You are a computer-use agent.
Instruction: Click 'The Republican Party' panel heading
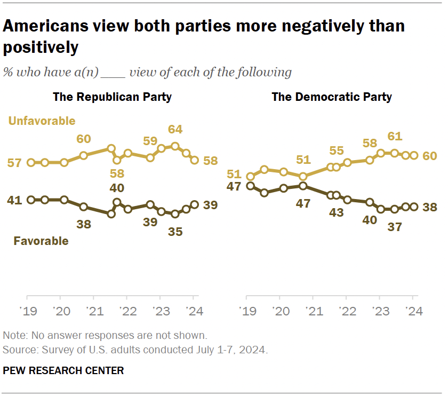[x=112, y=97]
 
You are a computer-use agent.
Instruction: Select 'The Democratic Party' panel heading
[x=332, y=97]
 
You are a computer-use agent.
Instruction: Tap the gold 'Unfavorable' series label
[x=42, y=121]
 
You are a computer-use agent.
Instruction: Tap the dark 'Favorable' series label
[x=41, y=241]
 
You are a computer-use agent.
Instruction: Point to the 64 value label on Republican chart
[x=175, y=129]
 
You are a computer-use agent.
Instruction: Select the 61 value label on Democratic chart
[x=395, y=137]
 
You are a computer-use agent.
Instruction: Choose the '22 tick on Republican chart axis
[x=127, y=311]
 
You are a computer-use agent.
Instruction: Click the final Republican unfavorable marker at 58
[x=195, y=160]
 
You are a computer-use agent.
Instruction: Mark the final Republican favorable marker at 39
[x=195, y=204]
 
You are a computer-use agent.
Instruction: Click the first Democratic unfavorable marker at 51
[x=250, y=177]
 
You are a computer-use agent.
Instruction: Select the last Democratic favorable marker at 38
[x=414, y=207]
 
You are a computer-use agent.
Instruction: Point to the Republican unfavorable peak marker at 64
[x=175, y=146]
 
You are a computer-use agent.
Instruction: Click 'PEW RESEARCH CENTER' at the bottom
[x=63, y=370]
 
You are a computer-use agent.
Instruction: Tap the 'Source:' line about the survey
[x=135, y=350]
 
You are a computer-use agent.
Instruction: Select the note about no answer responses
[x=105, y=336]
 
